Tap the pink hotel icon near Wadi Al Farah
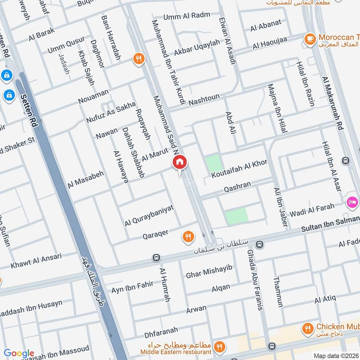tap(352, 202)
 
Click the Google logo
tap(19, 353)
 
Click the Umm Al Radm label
tap(180, 16)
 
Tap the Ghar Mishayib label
tap(209, 270)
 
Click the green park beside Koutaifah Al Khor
tap(214, 162)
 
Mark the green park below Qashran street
tap(236, 216)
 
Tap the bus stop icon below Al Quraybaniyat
tap(156, 258)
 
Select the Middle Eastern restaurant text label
tap(175, 351)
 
